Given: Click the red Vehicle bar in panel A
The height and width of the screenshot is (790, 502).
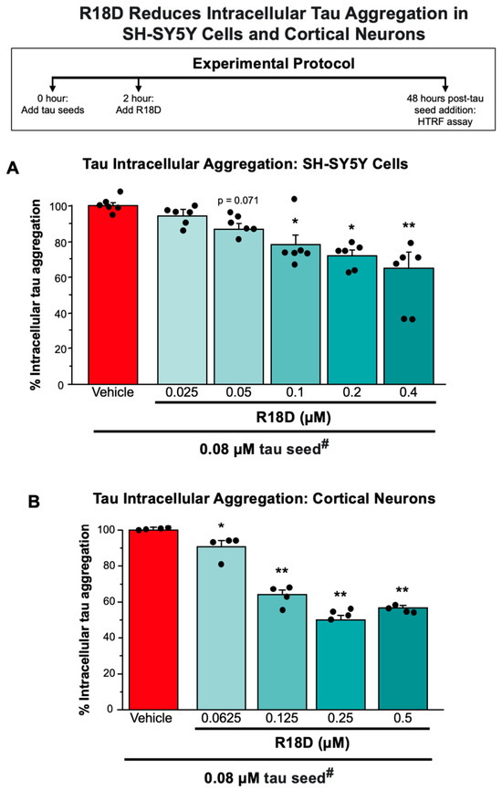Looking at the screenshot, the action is pyautogui.click(x=113, y=295).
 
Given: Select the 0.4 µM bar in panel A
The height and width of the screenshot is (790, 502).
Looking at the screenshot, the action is pyautogui.click(x=409, y=326).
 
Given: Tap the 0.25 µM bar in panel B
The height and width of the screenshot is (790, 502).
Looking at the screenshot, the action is pyautogui.click(x=340, y=664).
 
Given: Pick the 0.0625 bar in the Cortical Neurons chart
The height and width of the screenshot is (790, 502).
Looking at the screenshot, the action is pyautogui.click(x=221, y=628).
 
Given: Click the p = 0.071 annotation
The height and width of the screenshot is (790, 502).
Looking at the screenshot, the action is pyautogui.click(x=238, y=201).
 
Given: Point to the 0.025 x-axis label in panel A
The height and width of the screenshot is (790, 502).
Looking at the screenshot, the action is pyautogui.click(x=182, y=392).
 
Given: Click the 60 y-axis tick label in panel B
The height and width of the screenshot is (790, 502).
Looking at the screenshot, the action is pyautogui.click(x=108, y=601).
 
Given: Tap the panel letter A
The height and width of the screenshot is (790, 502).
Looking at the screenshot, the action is pyautogui.click(x=13, y=168).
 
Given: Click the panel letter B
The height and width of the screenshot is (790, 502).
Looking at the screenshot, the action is pyautogui.click(x=34, y=503).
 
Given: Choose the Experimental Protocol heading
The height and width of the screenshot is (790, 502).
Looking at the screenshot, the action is pyautogui.click(x=274, y=64).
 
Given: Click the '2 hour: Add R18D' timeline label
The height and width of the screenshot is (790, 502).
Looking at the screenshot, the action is pyautogui.click(x=139, y=104).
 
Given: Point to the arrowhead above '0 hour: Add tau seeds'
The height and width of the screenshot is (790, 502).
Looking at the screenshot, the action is pyautogui.click(x=52, y=88).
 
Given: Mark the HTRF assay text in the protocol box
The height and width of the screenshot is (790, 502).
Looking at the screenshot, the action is pyautogui.click(x=445, y=121).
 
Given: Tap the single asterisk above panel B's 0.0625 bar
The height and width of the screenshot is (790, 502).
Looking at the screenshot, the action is pyautogui.click(x=221, y=526).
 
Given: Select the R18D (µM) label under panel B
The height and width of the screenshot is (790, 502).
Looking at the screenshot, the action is pyautogui.click(x=312, y=743).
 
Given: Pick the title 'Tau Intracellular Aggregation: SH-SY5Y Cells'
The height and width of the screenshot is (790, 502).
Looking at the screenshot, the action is pyautogui.click(x=246, y=163).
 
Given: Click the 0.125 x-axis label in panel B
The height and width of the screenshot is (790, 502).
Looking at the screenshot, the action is pyautogui.click(x=282, y=717).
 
